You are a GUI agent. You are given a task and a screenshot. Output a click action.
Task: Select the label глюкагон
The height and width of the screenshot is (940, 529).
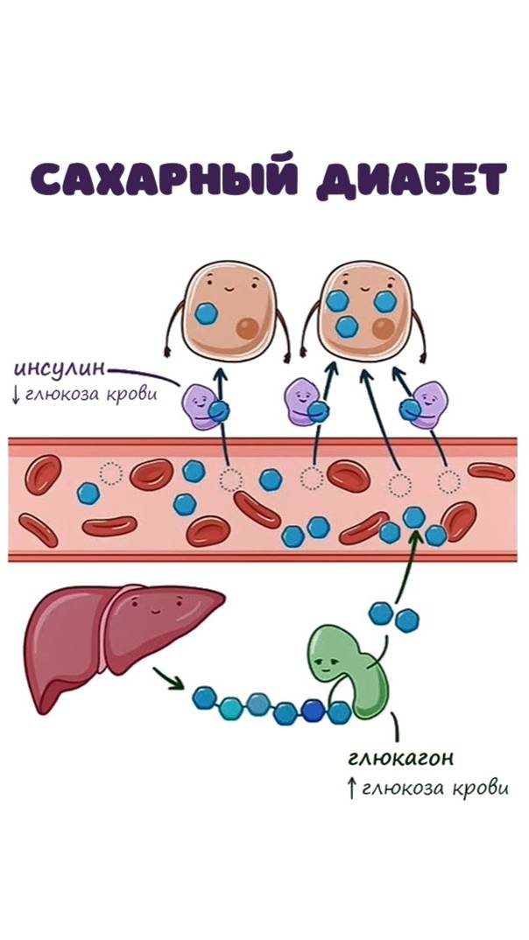pyautogui.click(x=394, y=756)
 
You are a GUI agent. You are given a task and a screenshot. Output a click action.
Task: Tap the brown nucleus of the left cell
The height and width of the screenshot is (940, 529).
pyautogui.click(x=250, y=329)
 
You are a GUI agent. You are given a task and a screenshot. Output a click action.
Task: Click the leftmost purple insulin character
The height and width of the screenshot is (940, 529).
pyautogui.click(x=200, y=405)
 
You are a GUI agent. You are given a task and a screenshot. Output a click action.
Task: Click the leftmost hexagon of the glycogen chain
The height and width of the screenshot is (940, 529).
pyautogui.click(x=203, y=698)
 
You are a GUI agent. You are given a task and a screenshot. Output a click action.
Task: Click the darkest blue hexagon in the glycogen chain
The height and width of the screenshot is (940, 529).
pyautogui.click(x=313, y=709)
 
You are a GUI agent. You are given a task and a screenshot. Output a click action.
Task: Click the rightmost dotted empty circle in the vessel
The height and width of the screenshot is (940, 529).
pyautogui.click(x=448, y=481)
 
